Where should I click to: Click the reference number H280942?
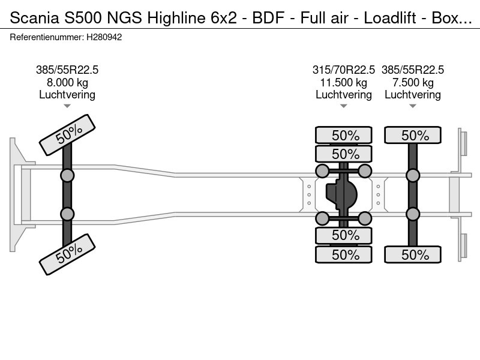[105, 37]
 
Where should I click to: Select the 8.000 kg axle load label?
[67, 82]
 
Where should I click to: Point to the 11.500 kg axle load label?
[344, 82]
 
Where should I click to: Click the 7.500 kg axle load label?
[413, 82]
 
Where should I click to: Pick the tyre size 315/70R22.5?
[344, 70]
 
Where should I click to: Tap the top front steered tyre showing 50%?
[67, 135]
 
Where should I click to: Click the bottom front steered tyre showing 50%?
[67, 254]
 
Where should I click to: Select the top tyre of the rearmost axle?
[413, 135]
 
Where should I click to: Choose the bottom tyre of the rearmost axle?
[413, 254]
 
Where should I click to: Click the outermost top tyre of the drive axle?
[344, 135]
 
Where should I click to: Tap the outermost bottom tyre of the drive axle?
[344, 254]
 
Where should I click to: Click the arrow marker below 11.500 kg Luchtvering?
[344, 106]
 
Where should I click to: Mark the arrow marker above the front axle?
[67, 106]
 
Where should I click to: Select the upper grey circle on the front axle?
[67, 175]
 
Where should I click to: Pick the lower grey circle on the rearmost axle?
[413, 214]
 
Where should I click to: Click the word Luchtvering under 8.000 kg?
[67, 94]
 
